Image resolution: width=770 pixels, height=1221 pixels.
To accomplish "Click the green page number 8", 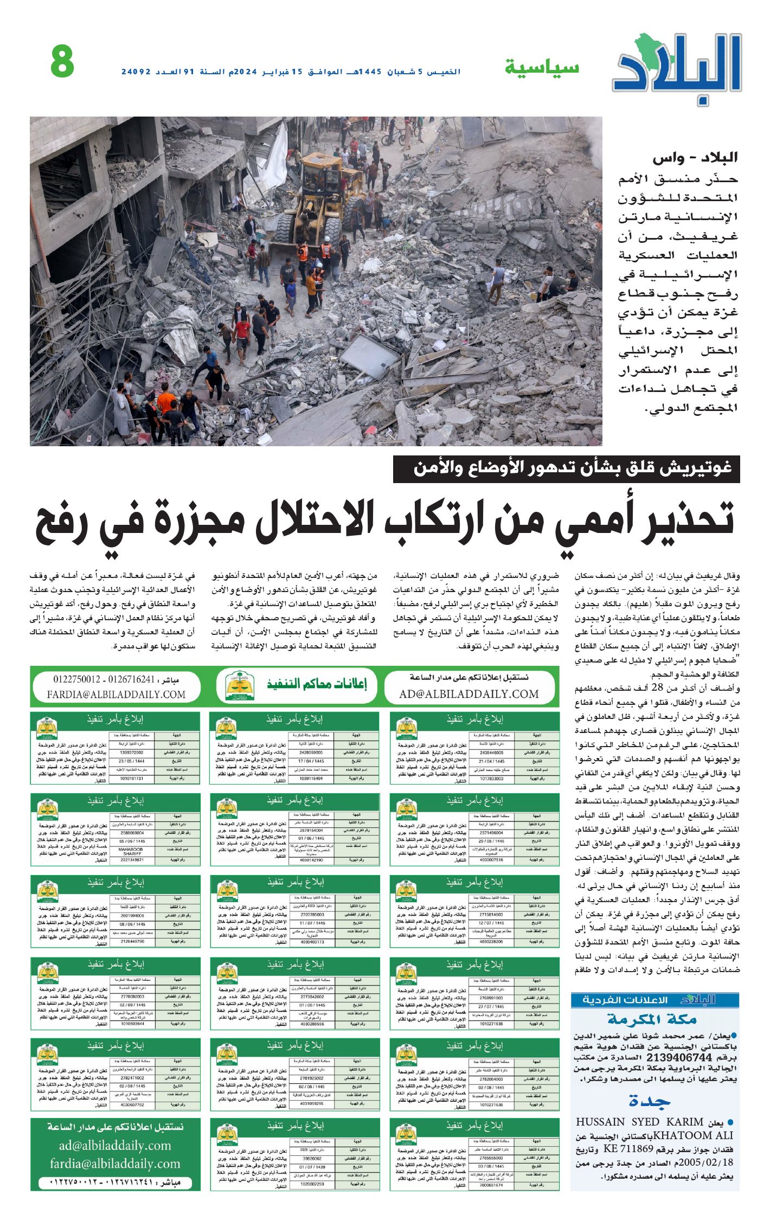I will click(62, 62).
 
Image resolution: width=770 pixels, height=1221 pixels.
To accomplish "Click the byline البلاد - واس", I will click(695, 159).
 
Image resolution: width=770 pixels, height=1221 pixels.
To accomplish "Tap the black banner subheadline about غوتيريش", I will click(566, 468).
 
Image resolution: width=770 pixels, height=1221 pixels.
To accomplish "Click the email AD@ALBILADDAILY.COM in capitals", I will click(469, 694).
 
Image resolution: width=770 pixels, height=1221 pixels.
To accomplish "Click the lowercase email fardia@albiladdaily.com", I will click(115, 1164).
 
